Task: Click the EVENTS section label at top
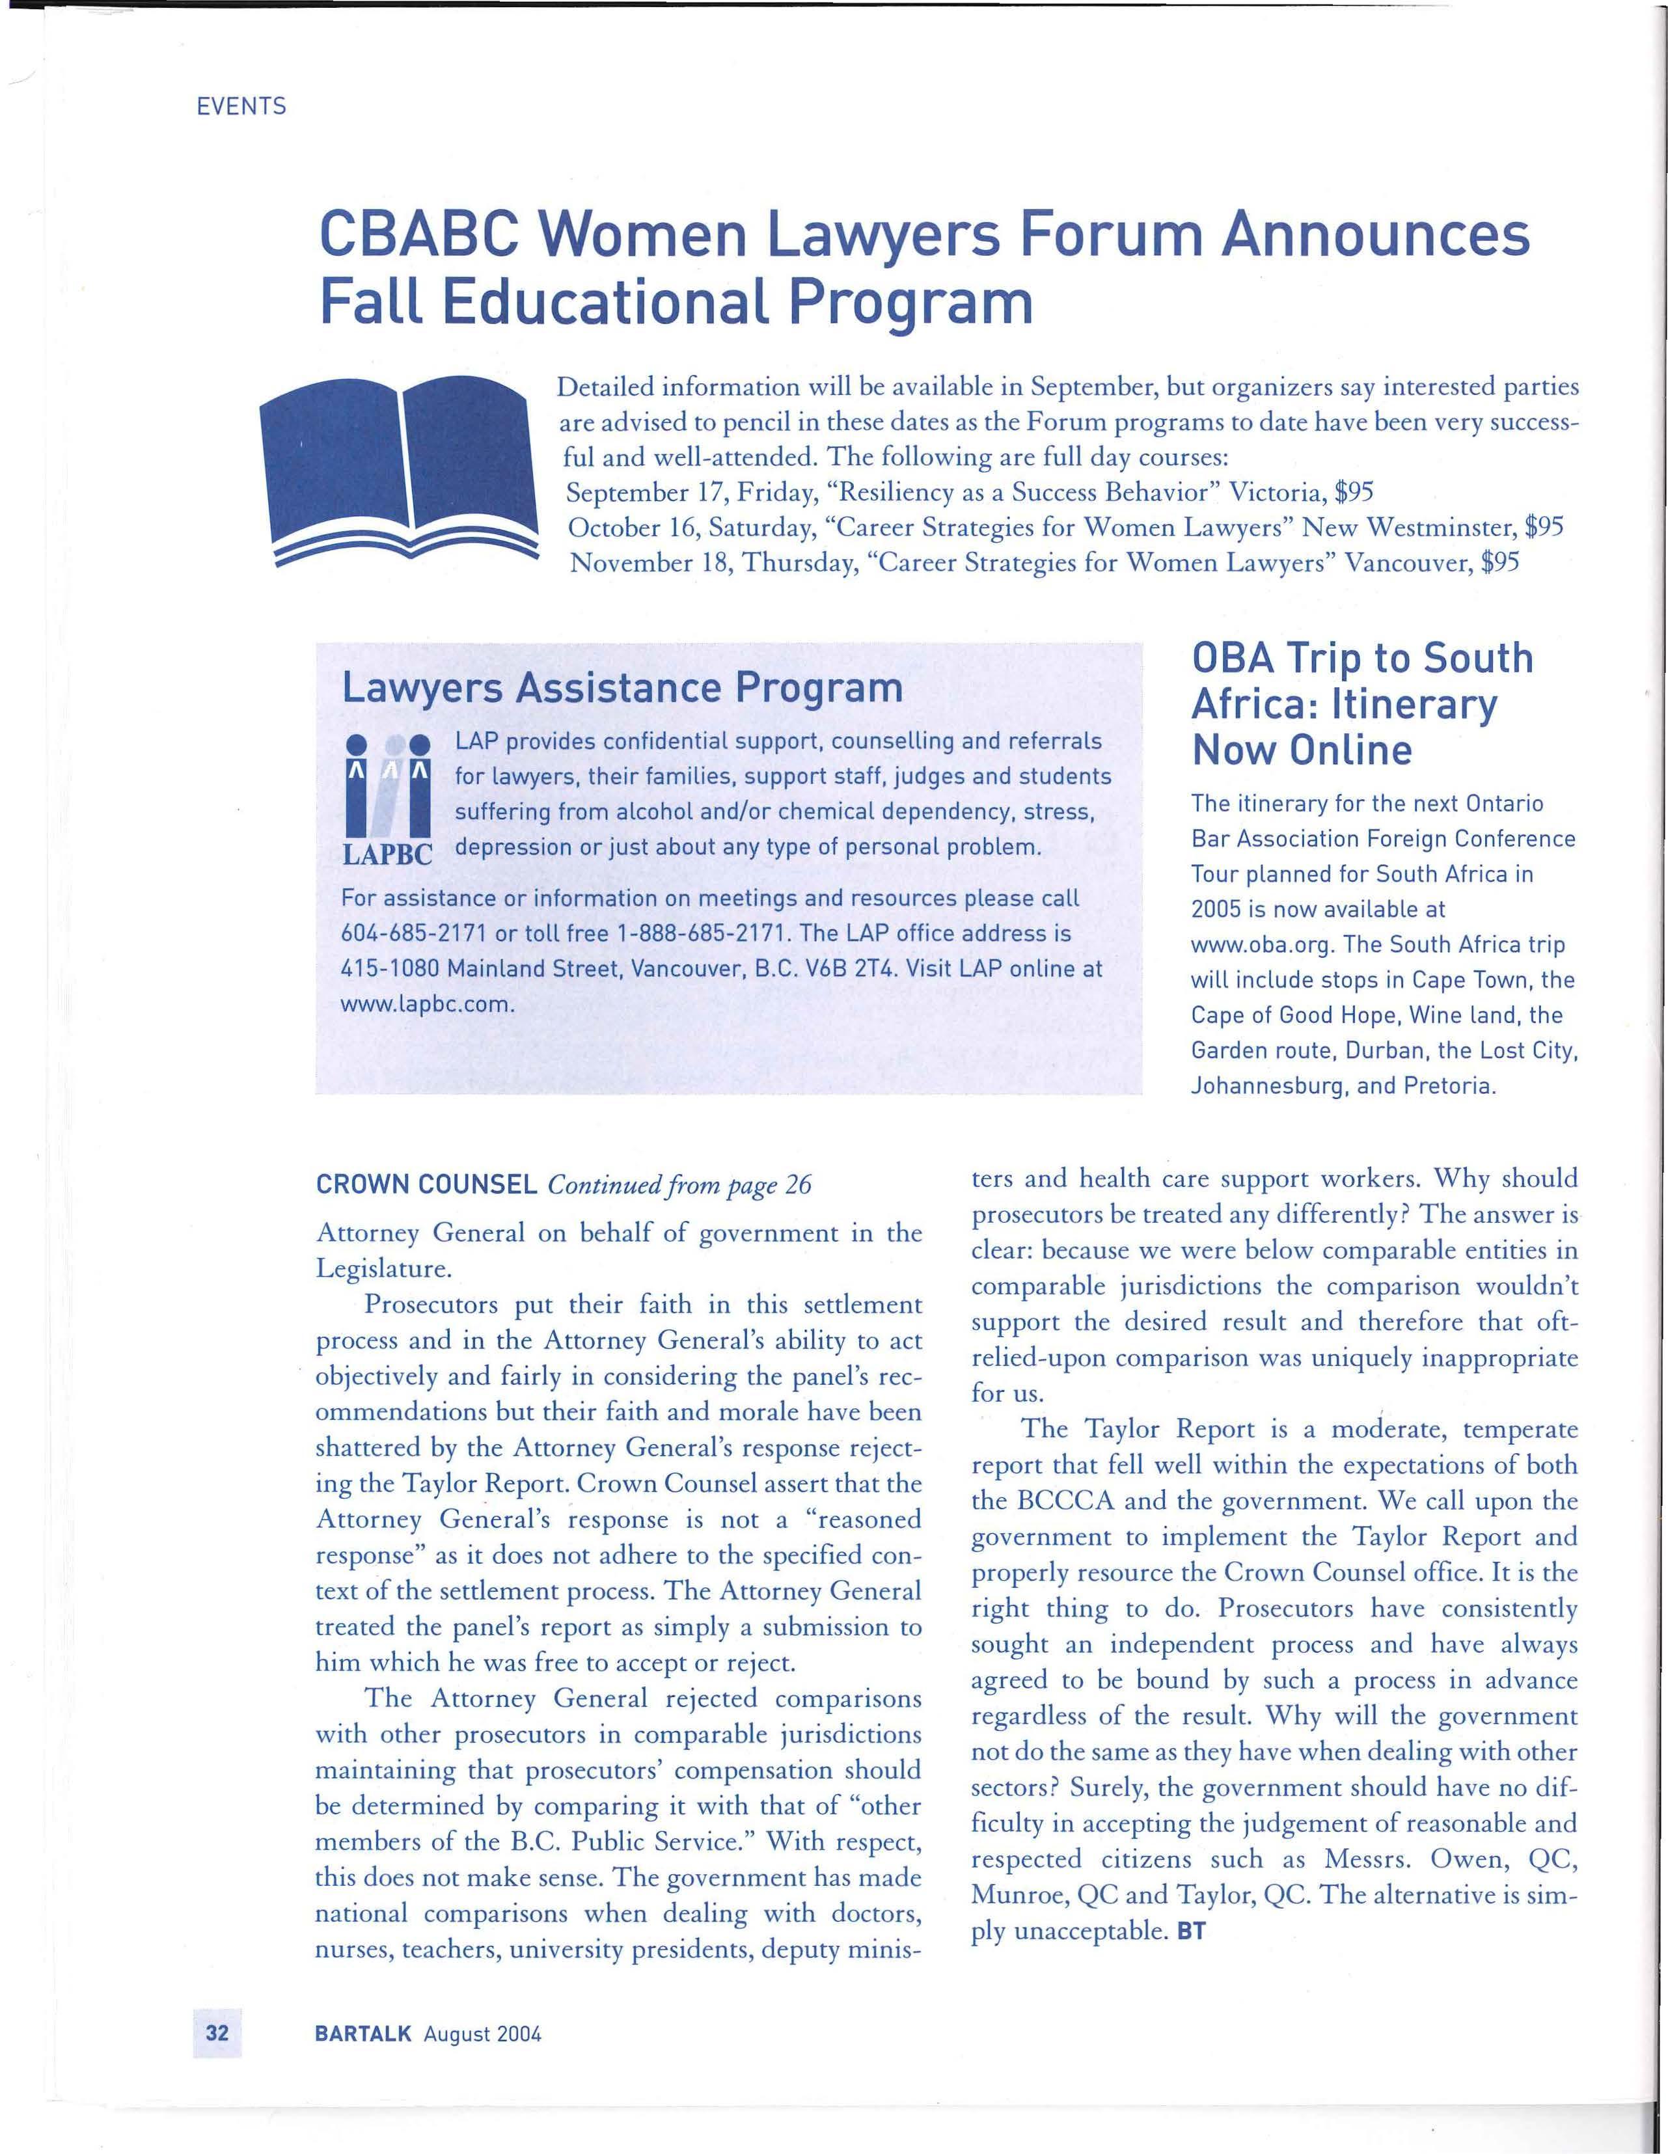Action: [x=241, y=107]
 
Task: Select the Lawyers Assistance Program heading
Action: [x=622, y=687]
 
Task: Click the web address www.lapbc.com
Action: [x=426, y=1004]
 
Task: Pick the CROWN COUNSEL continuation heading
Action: [x=426, y=1184]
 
